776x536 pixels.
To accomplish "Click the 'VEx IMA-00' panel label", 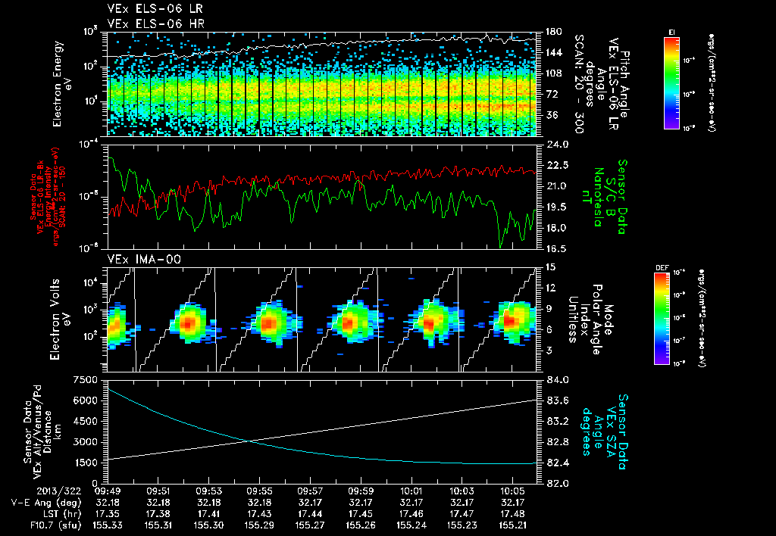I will click(x=133, y=259).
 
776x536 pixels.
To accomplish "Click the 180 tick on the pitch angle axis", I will click(x=553, y=32).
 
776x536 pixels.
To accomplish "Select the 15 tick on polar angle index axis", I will click(x=551, y=266).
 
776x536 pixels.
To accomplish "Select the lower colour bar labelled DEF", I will click(x=661, y=318).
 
